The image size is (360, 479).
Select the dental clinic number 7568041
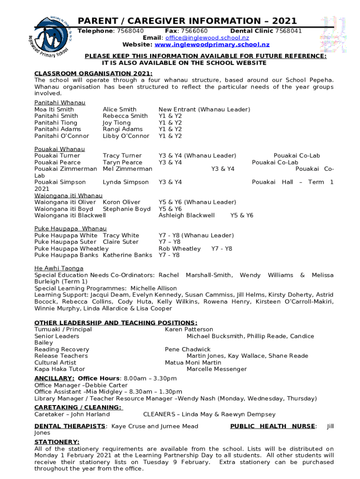[x=288, y=31]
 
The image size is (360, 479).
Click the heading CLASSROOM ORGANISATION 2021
[x=94, y=73]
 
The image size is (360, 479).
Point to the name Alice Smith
[x=120, y=109]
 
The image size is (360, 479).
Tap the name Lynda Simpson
[x=126, y=182]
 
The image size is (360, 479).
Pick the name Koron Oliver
[x=122, y=202]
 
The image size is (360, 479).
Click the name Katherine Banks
[x=127, y=255]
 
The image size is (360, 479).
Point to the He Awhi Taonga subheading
[x=59, y=269]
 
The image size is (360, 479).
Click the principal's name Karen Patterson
[x=189, y=330]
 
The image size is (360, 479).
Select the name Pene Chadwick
[x=187, y=349]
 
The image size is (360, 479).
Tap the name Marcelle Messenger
[x=216, y=370]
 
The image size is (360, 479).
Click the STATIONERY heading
[x=57, y=442]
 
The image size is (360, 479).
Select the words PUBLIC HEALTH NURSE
[x=273, y=426]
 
